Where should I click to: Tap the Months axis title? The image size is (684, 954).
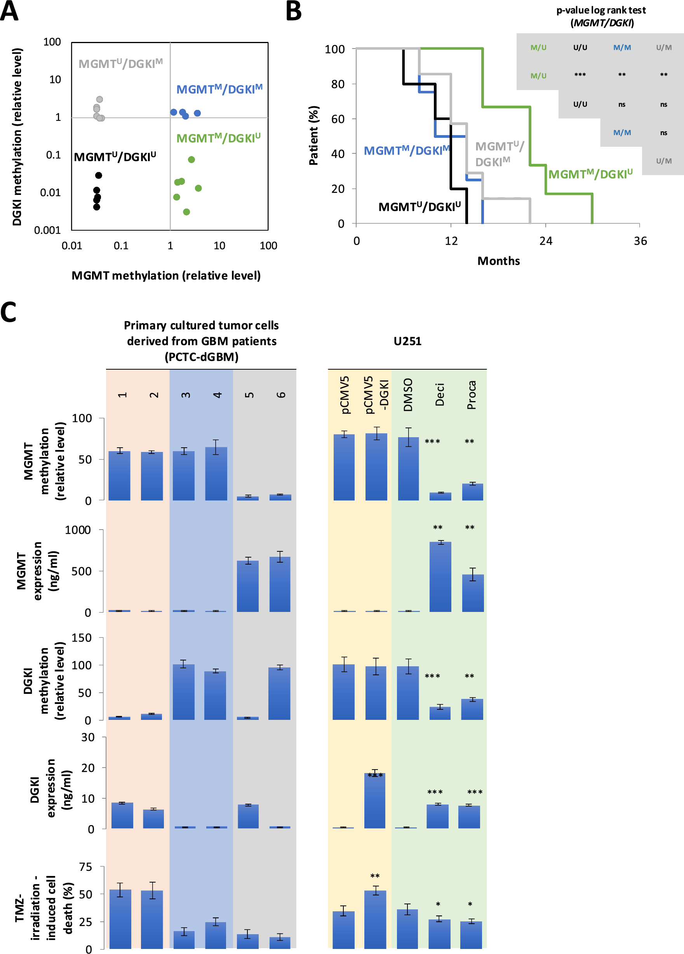pyautogui.click(x=498, y=261)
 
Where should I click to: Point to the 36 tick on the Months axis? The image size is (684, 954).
pyautogui.click(x=640, y=241)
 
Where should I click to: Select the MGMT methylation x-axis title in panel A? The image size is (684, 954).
pyautogui.click(x=166, y=276)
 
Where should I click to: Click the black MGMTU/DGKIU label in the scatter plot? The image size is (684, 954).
pyautogui.click(x=115, y=157)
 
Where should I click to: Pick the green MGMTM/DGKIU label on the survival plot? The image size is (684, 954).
pyautogui.click(x=590, y=174)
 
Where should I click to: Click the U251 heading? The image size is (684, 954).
pyautogui.click(x=407, y=341)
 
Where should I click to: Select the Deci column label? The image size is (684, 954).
pyautogui.click(x=440, y=394)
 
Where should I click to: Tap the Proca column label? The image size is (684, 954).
pyautogui.click(x=472, y=394)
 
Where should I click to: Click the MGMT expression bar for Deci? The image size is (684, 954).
pyautogui.click(x=440, y=577)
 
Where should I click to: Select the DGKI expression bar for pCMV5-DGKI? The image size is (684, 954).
pyautogui.click(x=375, y=801)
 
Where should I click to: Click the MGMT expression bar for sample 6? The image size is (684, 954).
pyautogui.click(x=280, y=585)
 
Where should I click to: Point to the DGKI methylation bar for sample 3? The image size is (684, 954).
pyautogui.click(x=184, y=692)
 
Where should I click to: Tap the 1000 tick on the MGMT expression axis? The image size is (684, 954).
pyautogui.click(x=78, y=530)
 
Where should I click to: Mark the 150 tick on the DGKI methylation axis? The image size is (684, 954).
pyautogui.click(x=82, y=638)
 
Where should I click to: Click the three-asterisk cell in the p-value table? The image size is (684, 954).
pyautogui.click(x=580, y=75)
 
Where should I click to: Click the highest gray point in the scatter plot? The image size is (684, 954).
pyautogui.click(x=100, y=99)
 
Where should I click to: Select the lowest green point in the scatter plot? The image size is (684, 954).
pyautogui.click(x=186, y=212)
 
